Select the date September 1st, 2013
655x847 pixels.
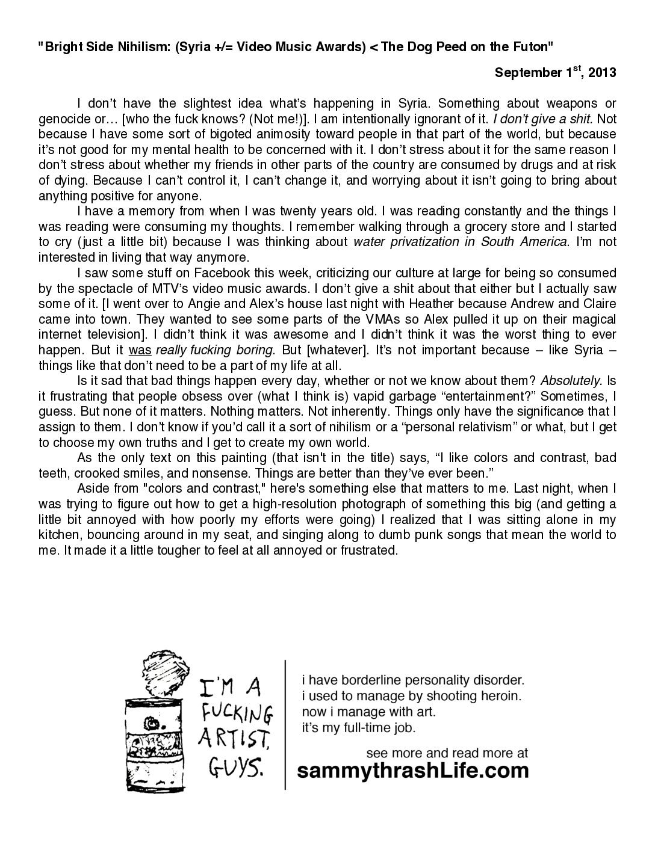tap(555, 73)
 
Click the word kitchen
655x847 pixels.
tap(58, 535)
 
